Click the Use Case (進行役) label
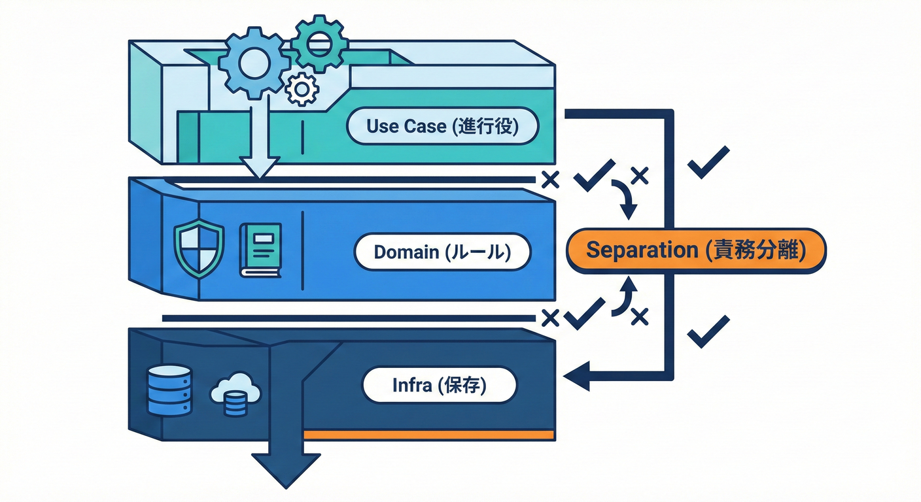click(x=442, y=126)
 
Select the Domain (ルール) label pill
click(x=442, y=252)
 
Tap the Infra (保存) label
click(x=439, y=386)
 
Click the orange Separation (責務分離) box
click(x=695, y=250)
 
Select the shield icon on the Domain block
click(x=199, y=249)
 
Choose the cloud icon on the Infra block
click(x=235, y=394)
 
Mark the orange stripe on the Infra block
click(x=429, y=435)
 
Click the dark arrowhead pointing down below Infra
click(x=286, y=469)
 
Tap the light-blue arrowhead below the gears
click(x=260, y=167)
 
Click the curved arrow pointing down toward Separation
click(x=625, y=200)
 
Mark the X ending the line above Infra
click(x=551, y=318)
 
